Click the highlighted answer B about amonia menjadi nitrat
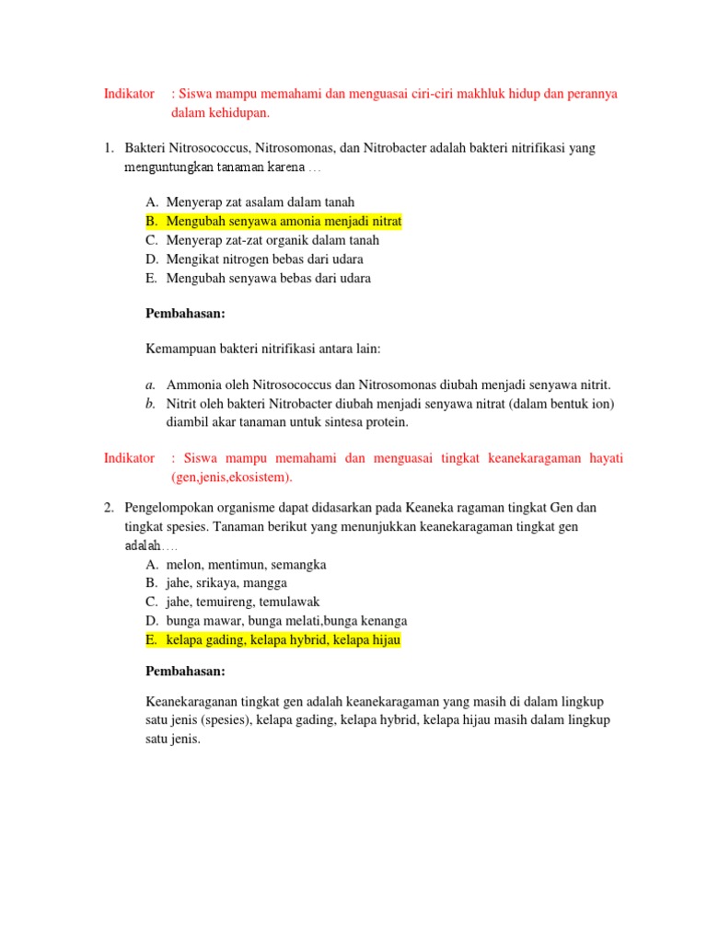(x=284, y=221)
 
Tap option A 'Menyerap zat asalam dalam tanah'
(x=260, y=201)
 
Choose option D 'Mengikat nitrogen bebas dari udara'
(x=264, y=259)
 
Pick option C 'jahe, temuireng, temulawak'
(x=242, y=602)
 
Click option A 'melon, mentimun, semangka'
(x=246, y=564)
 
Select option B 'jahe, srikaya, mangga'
(x=226, y=583)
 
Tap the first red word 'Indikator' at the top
(x=129, y=94)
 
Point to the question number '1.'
(x=108, y=148)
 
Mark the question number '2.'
(x=108, y=508)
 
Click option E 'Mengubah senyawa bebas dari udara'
(x=268, y=278)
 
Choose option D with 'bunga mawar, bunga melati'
(x=286, y=621)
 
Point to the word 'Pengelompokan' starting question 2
(x=165, y=508)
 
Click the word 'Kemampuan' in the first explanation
(x=177, y=350)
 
